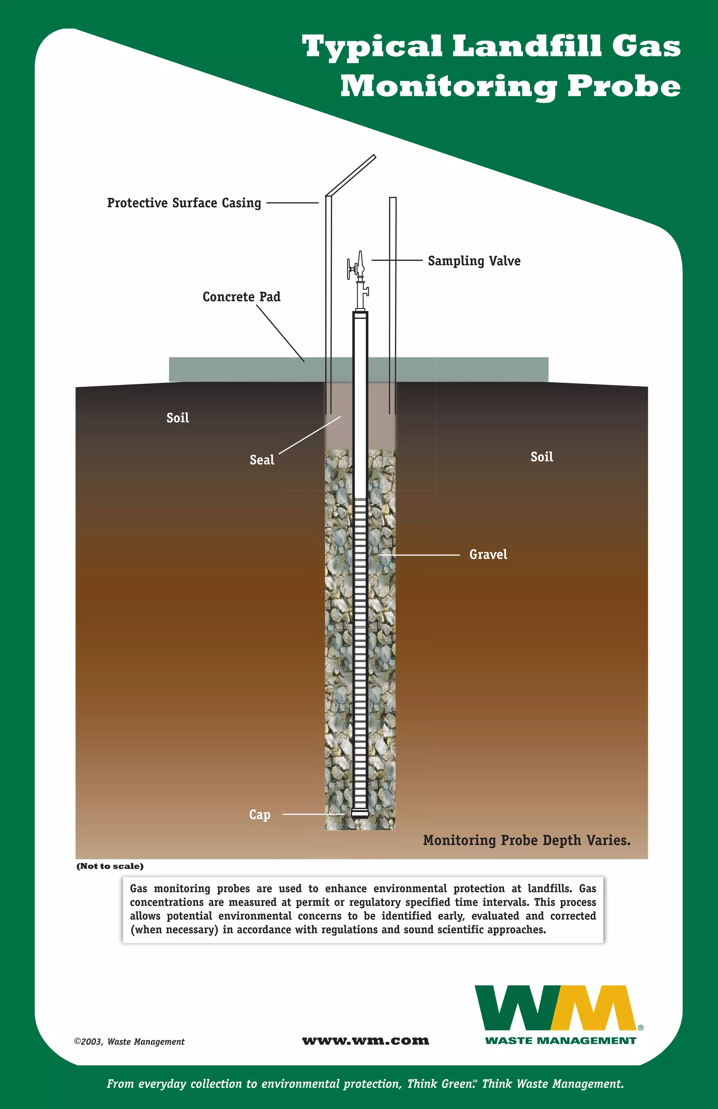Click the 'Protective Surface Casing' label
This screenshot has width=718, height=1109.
tap(184, 203)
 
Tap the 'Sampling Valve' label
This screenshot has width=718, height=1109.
tap(474, 261)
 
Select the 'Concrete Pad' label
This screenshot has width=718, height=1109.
tap(241, 297)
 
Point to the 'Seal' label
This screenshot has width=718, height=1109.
tap(262, 460)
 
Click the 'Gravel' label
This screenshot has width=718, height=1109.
tap(488, 554)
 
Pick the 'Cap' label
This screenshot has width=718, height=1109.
tap(259, 815)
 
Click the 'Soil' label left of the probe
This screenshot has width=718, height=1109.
tap(177, 418)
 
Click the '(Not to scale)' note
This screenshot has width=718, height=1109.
tap(110, 866)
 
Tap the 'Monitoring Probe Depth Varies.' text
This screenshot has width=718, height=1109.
tap(526, 841)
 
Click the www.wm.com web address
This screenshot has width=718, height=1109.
tap(366, 1041)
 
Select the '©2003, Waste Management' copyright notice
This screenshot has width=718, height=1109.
tap(129, 1041)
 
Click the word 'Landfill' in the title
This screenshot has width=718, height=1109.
tap(527, 47)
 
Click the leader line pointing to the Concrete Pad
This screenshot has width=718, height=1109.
tap(280, 333)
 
